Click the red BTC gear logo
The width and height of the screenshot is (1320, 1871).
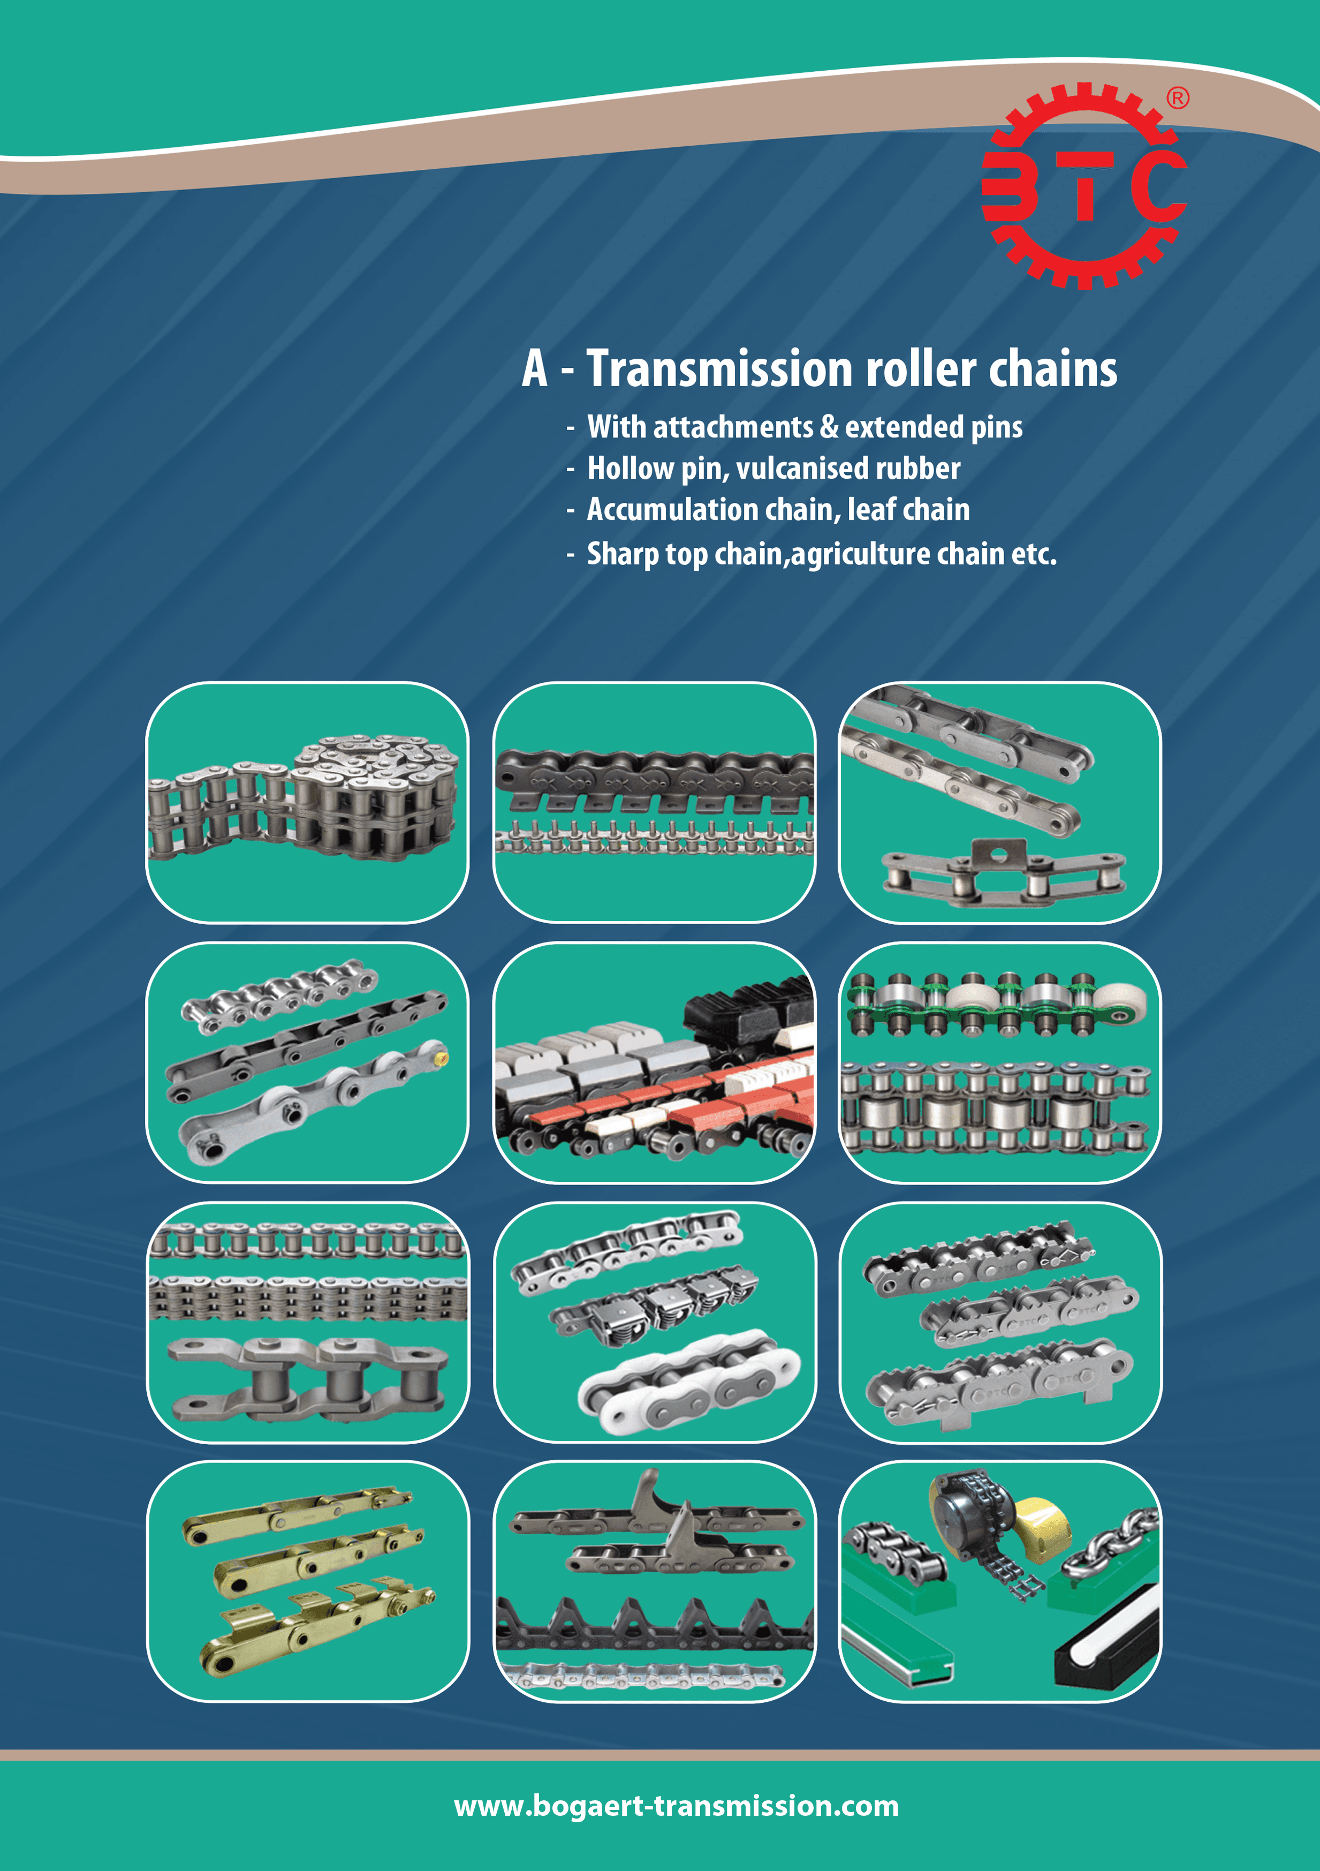pos(1084,186)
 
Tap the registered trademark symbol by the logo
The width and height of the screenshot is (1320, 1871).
pos(1178,98)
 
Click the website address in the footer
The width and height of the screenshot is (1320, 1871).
pos(676,1806)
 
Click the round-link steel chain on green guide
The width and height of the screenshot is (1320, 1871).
pos(1110,1543)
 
